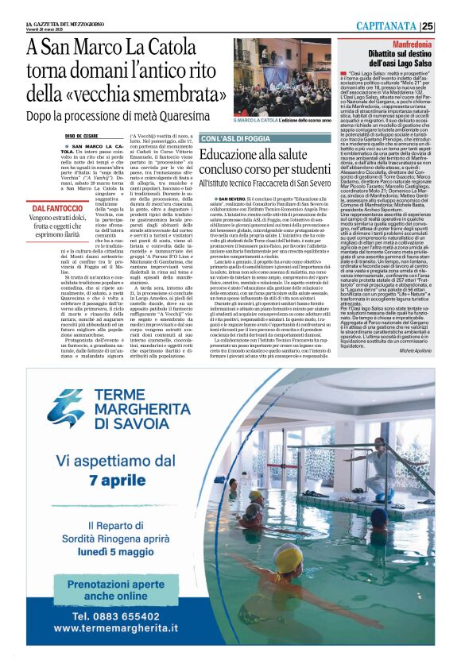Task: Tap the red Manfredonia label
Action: [x=413, y=41]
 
